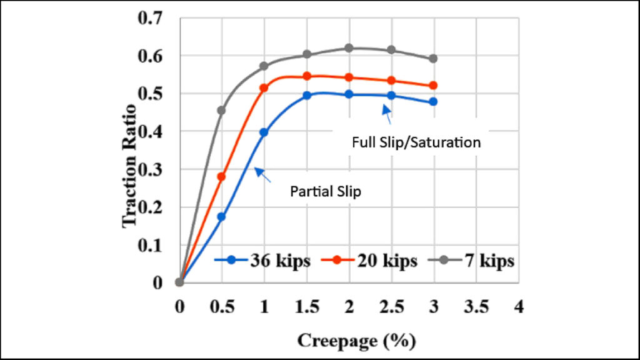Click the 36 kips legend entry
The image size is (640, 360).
point(262,261)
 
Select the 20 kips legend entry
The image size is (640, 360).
point(369,261)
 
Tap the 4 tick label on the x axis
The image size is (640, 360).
point(518,307)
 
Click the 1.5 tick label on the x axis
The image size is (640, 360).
point(306,307)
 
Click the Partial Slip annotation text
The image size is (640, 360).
point(325,192)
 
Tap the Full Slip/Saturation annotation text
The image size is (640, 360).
point(416,142)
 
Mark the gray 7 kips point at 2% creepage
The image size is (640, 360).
point(349,48)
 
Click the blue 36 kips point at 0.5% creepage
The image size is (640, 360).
point(221,217)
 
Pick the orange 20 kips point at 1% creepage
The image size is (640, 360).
point(264,88)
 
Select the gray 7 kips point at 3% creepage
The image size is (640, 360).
point(433,59)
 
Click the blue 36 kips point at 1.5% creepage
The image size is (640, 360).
point(306,96)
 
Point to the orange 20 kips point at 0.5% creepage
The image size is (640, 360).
point(221,176)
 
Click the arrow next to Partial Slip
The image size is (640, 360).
point(262,175)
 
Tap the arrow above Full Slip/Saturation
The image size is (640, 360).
point(387,112)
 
